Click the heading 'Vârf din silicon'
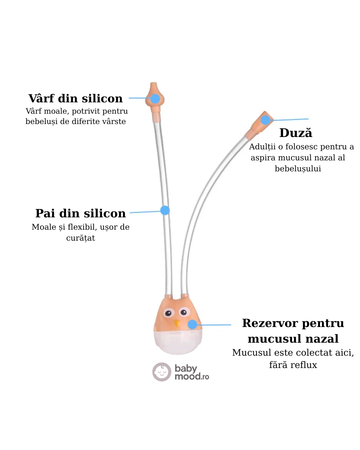(76, 99)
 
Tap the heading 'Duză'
(296, 133)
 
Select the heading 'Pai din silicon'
(81, 213)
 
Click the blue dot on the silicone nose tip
(155, 99)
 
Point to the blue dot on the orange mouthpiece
(265, 120)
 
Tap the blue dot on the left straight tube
(165, 210)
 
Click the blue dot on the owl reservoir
(192, 324)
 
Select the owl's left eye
(168, 313)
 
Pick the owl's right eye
(183, 312)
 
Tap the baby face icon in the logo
(162, 372)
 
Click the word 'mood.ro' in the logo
(192, 377)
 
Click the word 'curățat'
(81, 238)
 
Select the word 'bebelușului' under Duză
(298, 169)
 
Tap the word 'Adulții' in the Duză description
(262, 147)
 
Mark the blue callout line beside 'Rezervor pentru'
(215, 324)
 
